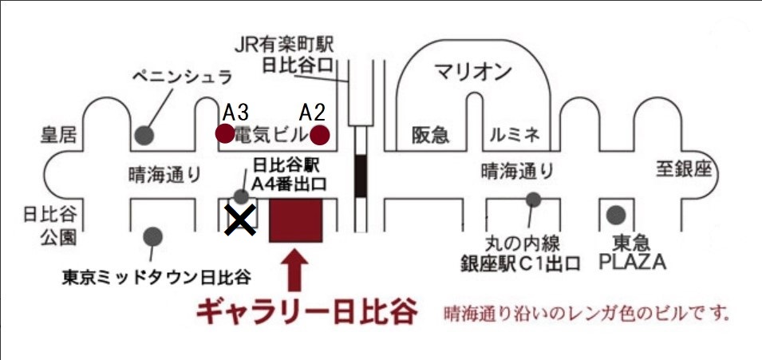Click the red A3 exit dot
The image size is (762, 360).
224,133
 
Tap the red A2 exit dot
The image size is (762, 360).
320,135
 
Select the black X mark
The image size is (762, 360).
240,220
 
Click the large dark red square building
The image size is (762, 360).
296,220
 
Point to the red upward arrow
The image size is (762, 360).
294,270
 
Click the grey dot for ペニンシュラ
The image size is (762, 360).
144,135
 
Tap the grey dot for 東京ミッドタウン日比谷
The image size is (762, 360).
152,237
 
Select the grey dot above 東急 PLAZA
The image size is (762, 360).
616,214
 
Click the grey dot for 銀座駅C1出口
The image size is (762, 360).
533,199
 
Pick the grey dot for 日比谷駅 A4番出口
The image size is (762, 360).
242,196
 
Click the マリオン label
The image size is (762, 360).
473,73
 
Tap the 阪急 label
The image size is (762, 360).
431,135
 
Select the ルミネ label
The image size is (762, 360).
515,135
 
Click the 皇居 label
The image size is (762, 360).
58,135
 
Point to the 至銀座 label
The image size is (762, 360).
684,170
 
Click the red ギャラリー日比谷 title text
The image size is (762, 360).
306,312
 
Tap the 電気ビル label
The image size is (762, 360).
271,135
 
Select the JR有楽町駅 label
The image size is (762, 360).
284,45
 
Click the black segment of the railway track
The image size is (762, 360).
360,176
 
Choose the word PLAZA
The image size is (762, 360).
632,263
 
